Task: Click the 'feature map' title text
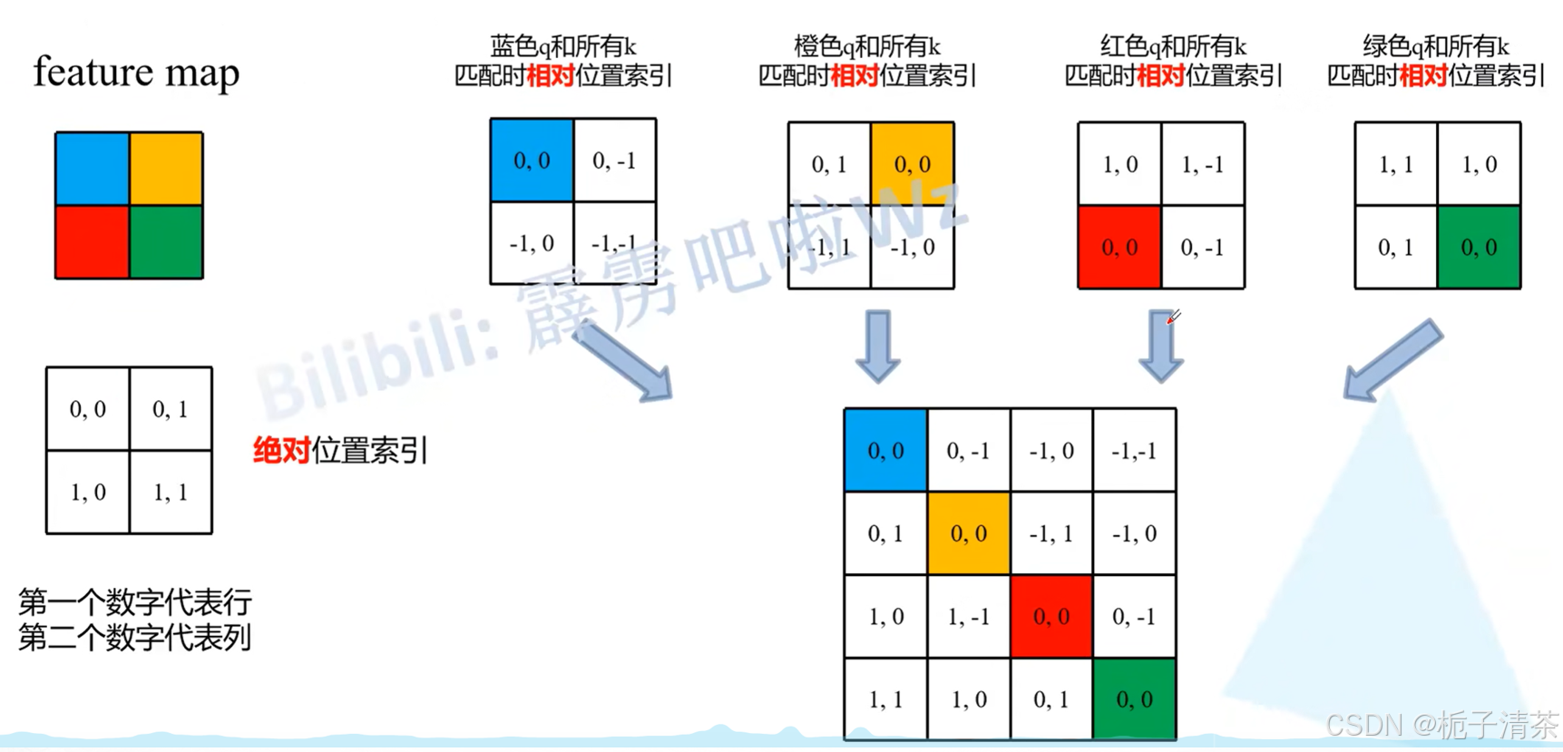(x=136, y=73)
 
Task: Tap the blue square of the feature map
(x=92, y=169)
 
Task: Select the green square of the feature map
(x=166, y=242)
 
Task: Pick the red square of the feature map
(x=92, y=242)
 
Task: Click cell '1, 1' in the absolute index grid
(x=171, y=493)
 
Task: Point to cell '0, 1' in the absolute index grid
(x=171, y=410)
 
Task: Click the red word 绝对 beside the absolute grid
(x=281, y=450)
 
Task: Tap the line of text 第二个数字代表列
(x=134, y=638)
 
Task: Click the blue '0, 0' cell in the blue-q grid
(x=532, y=161)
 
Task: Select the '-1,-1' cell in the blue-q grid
(x=614, y=243)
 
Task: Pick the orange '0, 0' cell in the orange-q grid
(x=912, y=164)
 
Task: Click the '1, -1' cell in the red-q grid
(x=1203, y=164)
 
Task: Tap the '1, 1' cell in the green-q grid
(x=1395, y=164)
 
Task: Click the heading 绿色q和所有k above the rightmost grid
(x=1436, y=46)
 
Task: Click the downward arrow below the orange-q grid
(x=878, y=346)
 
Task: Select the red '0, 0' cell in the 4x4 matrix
(x=1051, y=617)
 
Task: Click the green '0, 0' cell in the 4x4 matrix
(x=1134, y=699)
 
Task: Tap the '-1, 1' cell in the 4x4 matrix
(x=1051, y=534)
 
